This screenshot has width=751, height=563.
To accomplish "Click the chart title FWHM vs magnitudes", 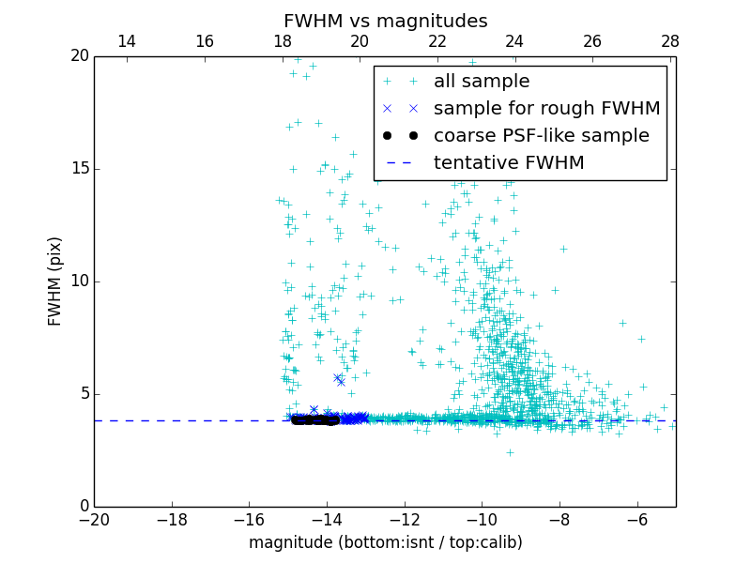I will coord(385,21).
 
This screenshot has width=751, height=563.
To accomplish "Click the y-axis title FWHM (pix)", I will coord(55,281).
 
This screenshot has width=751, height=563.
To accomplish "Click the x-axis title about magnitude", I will coord(385,542).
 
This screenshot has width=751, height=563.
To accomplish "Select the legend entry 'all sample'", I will coord(482,82).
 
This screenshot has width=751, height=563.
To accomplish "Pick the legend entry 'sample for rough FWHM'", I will coord(546,109).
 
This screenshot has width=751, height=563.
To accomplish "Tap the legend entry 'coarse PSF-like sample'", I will coord(541,136).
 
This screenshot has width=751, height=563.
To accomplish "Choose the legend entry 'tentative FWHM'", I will coord(508,163).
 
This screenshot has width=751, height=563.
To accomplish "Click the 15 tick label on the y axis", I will coord(79,169).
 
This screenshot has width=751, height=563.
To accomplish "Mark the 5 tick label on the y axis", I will coord(84,393).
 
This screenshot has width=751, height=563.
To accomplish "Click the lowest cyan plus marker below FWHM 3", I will coord(510,452).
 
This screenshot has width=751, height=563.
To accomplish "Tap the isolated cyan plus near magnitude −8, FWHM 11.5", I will coord(563,249).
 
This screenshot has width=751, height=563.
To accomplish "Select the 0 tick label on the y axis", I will coord(84,506).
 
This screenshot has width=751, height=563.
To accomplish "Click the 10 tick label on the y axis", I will coord(79,281).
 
